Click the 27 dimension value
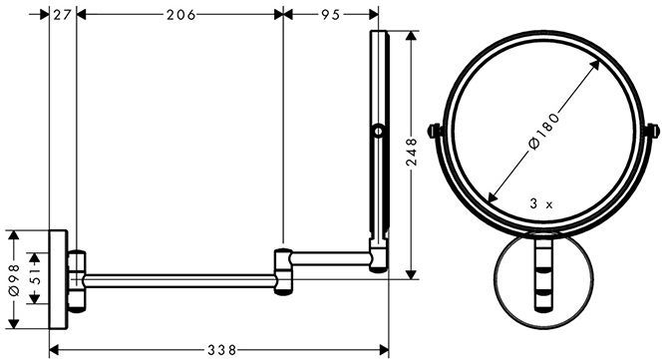pos(62,15)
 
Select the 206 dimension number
pos(181,15)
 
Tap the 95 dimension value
pos(331,15)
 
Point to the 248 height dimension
pos(412,152)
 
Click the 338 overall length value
pos(222,350)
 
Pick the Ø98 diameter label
pos(14,279)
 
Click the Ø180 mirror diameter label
pos(544,130)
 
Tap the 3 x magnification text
pos(541,204)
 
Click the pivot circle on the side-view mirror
pos(379,132)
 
